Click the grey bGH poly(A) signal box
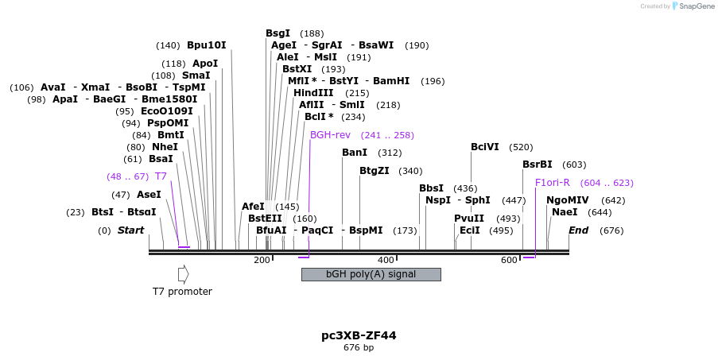pos(371,274)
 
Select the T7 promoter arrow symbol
pos(183,274)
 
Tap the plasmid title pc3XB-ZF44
pos(359,335)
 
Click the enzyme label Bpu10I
pos(207,45)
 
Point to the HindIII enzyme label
pos(313,93)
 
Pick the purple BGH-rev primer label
pos(330,135)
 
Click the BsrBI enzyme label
pos(537,165)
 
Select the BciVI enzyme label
pos(485,147)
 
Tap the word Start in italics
pos(131,230)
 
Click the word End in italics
pos(578,230)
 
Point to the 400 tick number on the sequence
pos(386,260)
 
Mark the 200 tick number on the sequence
pos(262,260)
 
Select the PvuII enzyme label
pos(469,219)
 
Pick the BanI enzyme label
pos(355,153)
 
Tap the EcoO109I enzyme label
pos(167,111)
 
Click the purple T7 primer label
pos(161,176)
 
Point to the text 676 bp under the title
pos(359,347)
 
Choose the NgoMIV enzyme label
pos(568,200)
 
